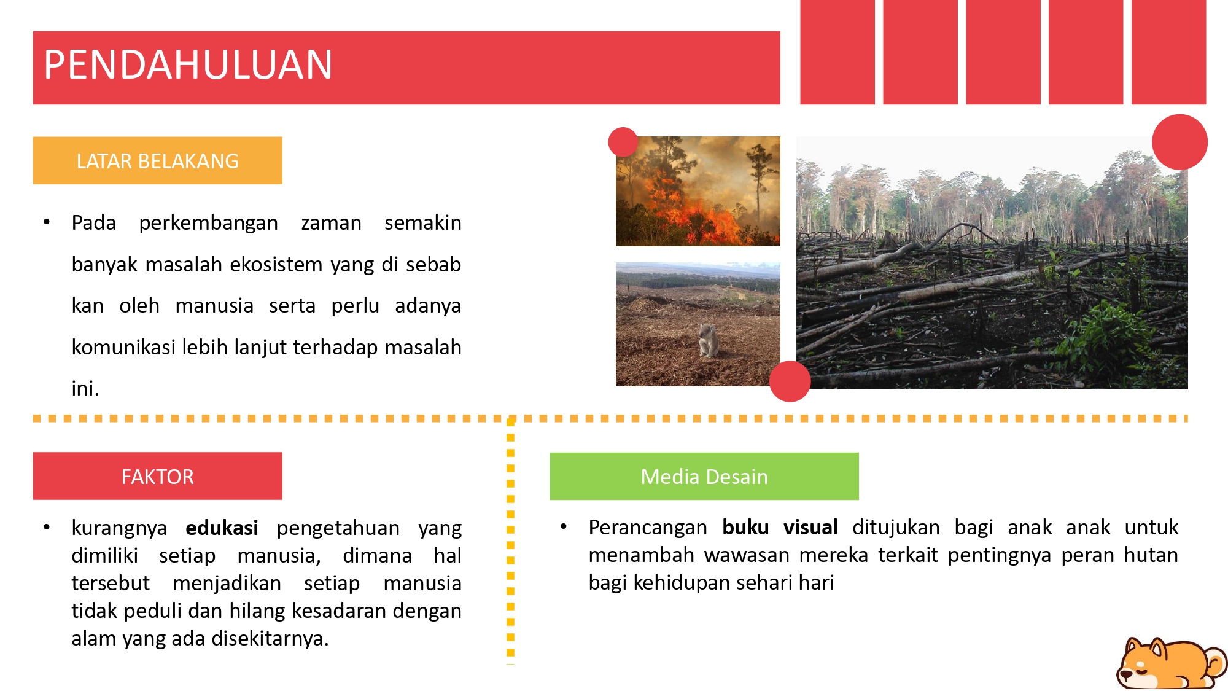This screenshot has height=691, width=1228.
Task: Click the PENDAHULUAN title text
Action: [x=188, y=64]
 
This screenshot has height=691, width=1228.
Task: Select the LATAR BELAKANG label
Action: [x=158, y=161]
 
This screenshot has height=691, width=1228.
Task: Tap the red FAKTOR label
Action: [x=158, y=477]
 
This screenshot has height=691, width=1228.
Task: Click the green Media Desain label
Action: [x=704, y=477]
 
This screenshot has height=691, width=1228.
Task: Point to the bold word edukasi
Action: [x=222, y=528]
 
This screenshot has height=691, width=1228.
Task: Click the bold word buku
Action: [x=745, y=528]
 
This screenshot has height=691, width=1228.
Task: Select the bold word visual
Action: [x=810, y=528]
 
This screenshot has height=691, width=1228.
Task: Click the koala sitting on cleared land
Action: [x=709, y=340]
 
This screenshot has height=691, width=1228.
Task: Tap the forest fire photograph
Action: [x=698, y=192]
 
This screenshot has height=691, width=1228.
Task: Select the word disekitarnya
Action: [x=270, y=639]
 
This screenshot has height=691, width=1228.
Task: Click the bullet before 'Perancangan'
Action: [x=563, y=526]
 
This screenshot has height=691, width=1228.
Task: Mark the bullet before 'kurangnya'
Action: [x=46, y=527]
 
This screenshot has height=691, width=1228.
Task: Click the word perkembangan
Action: [x=208, y=223]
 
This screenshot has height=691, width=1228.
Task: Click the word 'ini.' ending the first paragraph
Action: [x=85, y=389]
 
